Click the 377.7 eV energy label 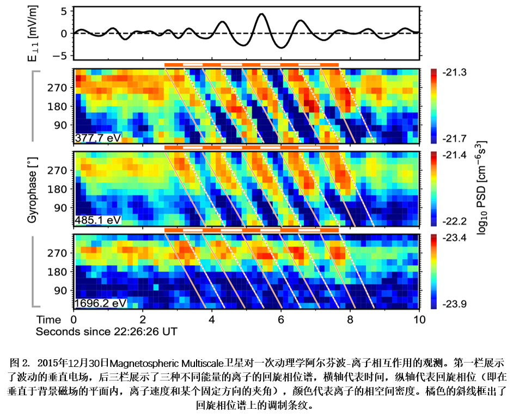tap(98, 137)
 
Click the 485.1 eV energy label tap(97, 220)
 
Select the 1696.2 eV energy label tap(100, 302)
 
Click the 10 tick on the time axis tap(418, 318)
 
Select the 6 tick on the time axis tap(280, 318)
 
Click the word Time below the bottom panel tap(47, 318)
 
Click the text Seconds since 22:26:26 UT tap(107, 330)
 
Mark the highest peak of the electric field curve tap(262, 14)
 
